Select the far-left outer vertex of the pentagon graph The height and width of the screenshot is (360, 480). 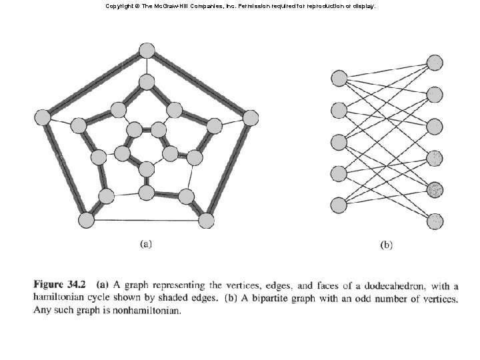click(x=42, y=117)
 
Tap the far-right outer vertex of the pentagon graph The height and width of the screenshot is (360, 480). click(x=250, y=118)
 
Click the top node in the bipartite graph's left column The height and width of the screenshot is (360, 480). click(x=339, y=79)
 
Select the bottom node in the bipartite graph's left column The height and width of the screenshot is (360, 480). click(x=339, y=204)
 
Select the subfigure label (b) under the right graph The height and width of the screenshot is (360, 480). click(x=386, y=245)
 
